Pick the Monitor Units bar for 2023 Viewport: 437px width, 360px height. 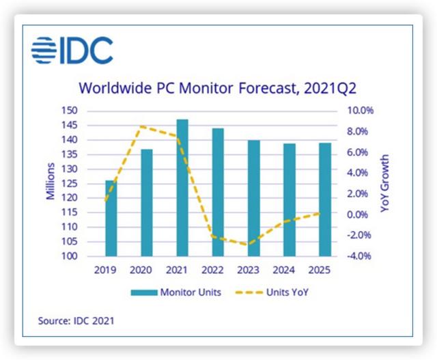click(254, 198)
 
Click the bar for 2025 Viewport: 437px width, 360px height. click(325, 199)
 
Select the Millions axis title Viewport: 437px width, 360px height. click(51, 183)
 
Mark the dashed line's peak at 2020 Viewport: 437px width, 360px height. click(140, 126)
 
